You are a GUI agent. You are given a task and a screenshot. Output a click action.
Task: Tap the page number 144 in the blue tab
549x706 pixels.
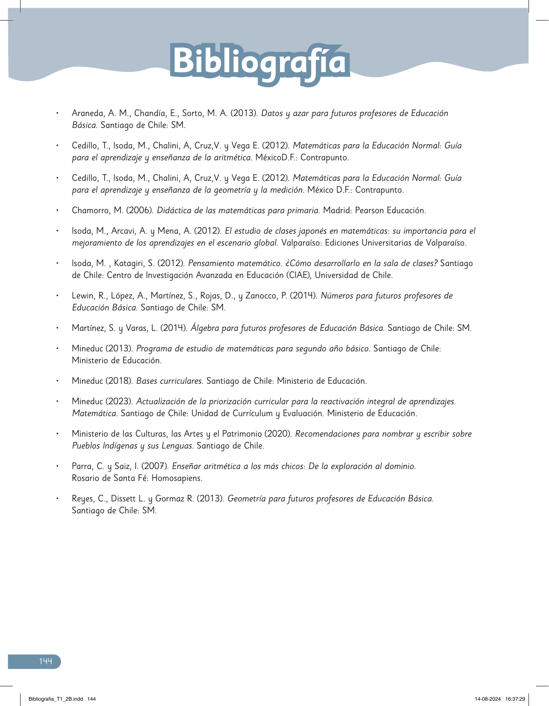pyautogui.click(x=46, y=661)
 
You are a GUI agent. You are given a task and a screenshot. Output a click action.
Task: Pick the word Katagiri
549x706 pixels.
pyautogui.click(x=133, y=263)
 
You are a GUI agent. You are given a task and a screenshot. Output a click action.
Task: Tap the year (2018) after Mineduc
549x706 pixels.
pyautogui.click(x=119, y=381)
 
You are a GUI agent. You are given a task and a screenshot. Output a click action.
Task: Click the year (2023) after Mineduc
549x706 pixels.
pyautogui.click(x=119, y=401)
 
